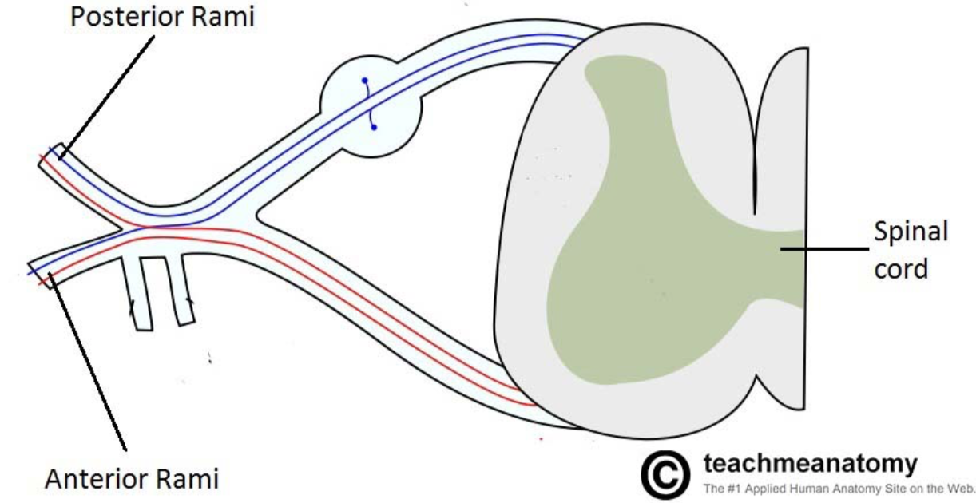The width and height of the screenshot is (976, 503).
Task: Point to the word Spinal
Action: click(x=911, y=232)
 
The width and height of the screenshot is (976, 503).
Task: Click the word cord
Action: click(x=902, y=268)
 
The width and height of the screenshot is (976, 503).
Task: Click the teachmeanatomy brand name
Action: click(x=811, y=464)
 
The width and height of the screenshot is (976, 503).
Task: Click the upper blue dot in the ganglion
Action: click(x=364, y=81)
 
